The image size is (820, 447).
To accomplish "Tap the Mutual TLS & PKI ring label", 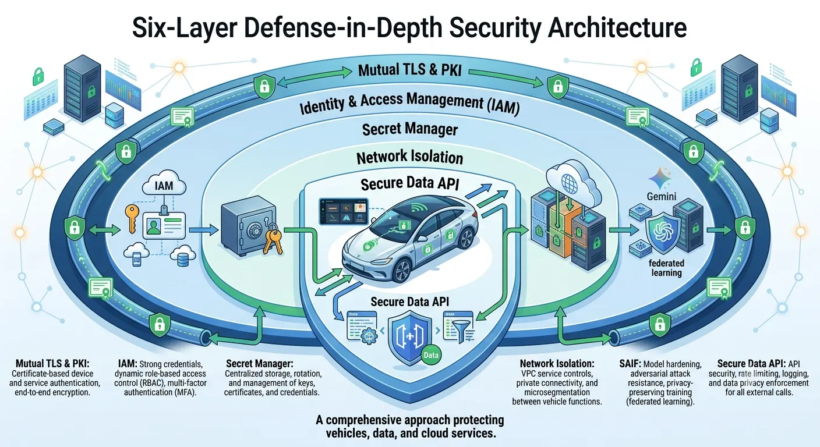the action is click(410, 69).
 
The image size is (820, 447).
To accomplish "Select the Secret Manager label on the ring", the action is click(410, 129).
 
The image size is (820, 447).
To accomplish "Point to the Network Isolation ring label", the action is click(409, 157).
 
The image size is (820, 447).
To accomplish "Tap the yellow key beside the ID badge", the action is click(132, 218).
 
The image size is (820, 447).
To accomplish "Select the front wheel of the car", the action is click(402, 271).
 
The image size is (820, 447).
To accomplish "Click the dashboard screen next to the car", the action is click(344, 211).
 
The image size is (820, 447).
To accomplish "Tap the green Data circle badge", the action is click(431, 355).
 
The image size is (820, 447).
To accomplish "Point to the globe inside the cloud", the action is click(569, 183).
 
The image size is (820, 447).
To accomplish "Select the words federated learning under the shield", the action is click(666, 268).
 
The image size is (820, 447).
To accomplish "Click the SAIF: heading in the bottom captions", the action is click(630, 364).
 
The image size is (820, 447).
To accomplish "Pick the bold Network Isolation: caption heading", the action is click(557, 364).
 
